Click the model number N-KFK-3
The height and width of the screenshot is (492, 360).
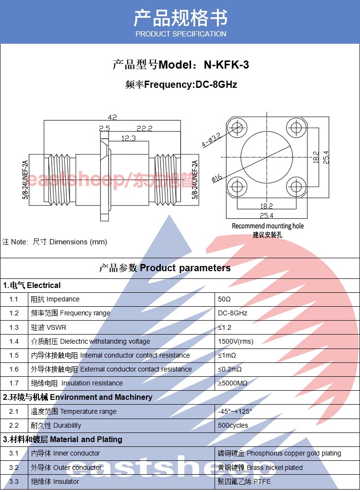coord(227,65)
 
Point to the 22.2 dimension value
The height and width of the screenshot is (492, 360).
coord(144,128)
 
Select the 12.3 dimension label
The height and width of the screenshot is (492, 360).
coord(128,138)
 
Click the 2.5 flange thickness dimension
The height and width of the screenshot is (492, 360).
coord(105,128)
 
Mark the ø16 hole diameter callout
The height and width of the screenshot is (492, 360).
coord(216,178)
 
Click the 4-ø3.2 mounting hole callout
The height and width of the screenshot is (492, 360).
coord(211,140)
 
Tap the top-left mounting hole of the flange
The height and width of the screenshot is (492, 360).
coord(236,128)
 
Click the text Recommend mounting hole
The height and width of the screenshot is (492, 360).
coord(268,226)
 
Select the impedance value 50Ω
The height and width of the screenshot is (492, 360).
coord(224,299)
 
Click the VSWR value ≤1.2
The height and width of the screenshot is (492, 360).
coord(224,327)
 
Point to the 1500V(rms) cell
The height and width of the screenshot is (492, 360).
coord(235,341)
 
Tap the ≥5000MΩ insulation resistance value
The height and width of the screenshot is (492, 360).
coord(233,383)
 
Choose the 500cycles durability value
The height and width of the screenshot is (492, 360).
coord(233,425)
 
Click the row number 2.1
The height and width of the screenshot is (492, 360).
coord(14,411)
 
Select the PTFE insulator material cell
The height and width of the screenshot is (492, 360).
coord(244,481)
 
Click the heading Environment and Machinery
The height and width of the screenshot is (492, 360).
coord(101,397)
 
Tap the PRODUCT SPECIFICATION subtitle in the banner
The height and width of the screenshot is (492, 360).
coord(180,34)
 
